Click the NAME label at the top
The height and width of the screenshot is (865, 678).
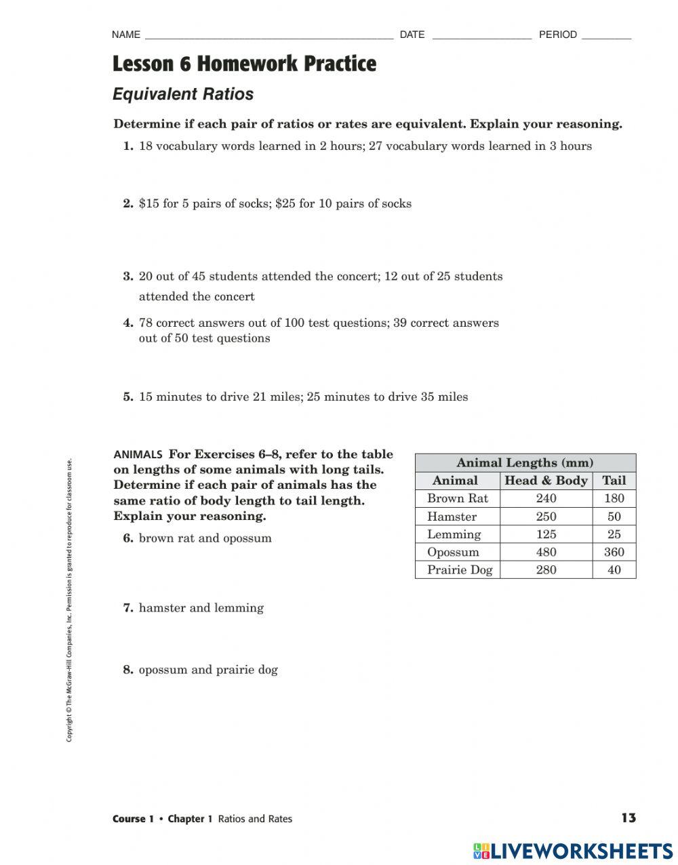click(x=125, y=35)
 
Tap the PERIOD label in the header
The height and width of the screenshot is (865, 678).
click(x=557, y=35)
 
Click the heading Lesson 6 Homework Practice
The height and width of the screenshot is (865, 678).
click(x=244, y=64)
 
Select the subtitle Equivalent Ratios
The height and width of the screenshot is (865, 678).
click(x=183, y=94)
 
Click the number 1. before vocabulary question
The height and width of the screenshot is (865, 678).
click(x=128, y=146)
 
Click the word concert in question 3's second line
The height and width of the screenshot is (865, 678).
click(x=234, y=296)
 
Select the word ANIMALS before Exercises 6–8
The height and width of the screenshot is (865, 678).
click(x=138, y=455)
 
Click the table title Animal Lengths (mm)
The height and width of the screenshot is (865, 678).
click(x=525, y=463)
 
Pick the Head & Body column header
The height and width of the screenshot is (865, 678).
click(x=546, y=481)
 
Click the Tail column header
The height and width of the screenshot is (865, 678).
click(x=614, y=481)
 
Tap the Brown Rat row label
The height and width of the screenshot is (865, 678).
click(x=457, y=498)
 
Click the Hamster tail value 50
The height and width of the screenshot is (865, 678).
click(x=614, y=517)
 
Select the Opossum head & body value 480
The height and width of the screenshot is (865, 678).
click(x=546, y=552)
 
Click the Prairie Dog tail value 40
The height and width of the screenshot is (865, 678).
click(x=614, y=570)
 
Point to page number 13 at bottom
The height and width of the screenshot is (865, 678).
click(x=629, y=818)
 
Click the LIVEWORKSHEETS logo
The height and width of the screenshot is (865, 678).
click(x=573, y=851)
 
